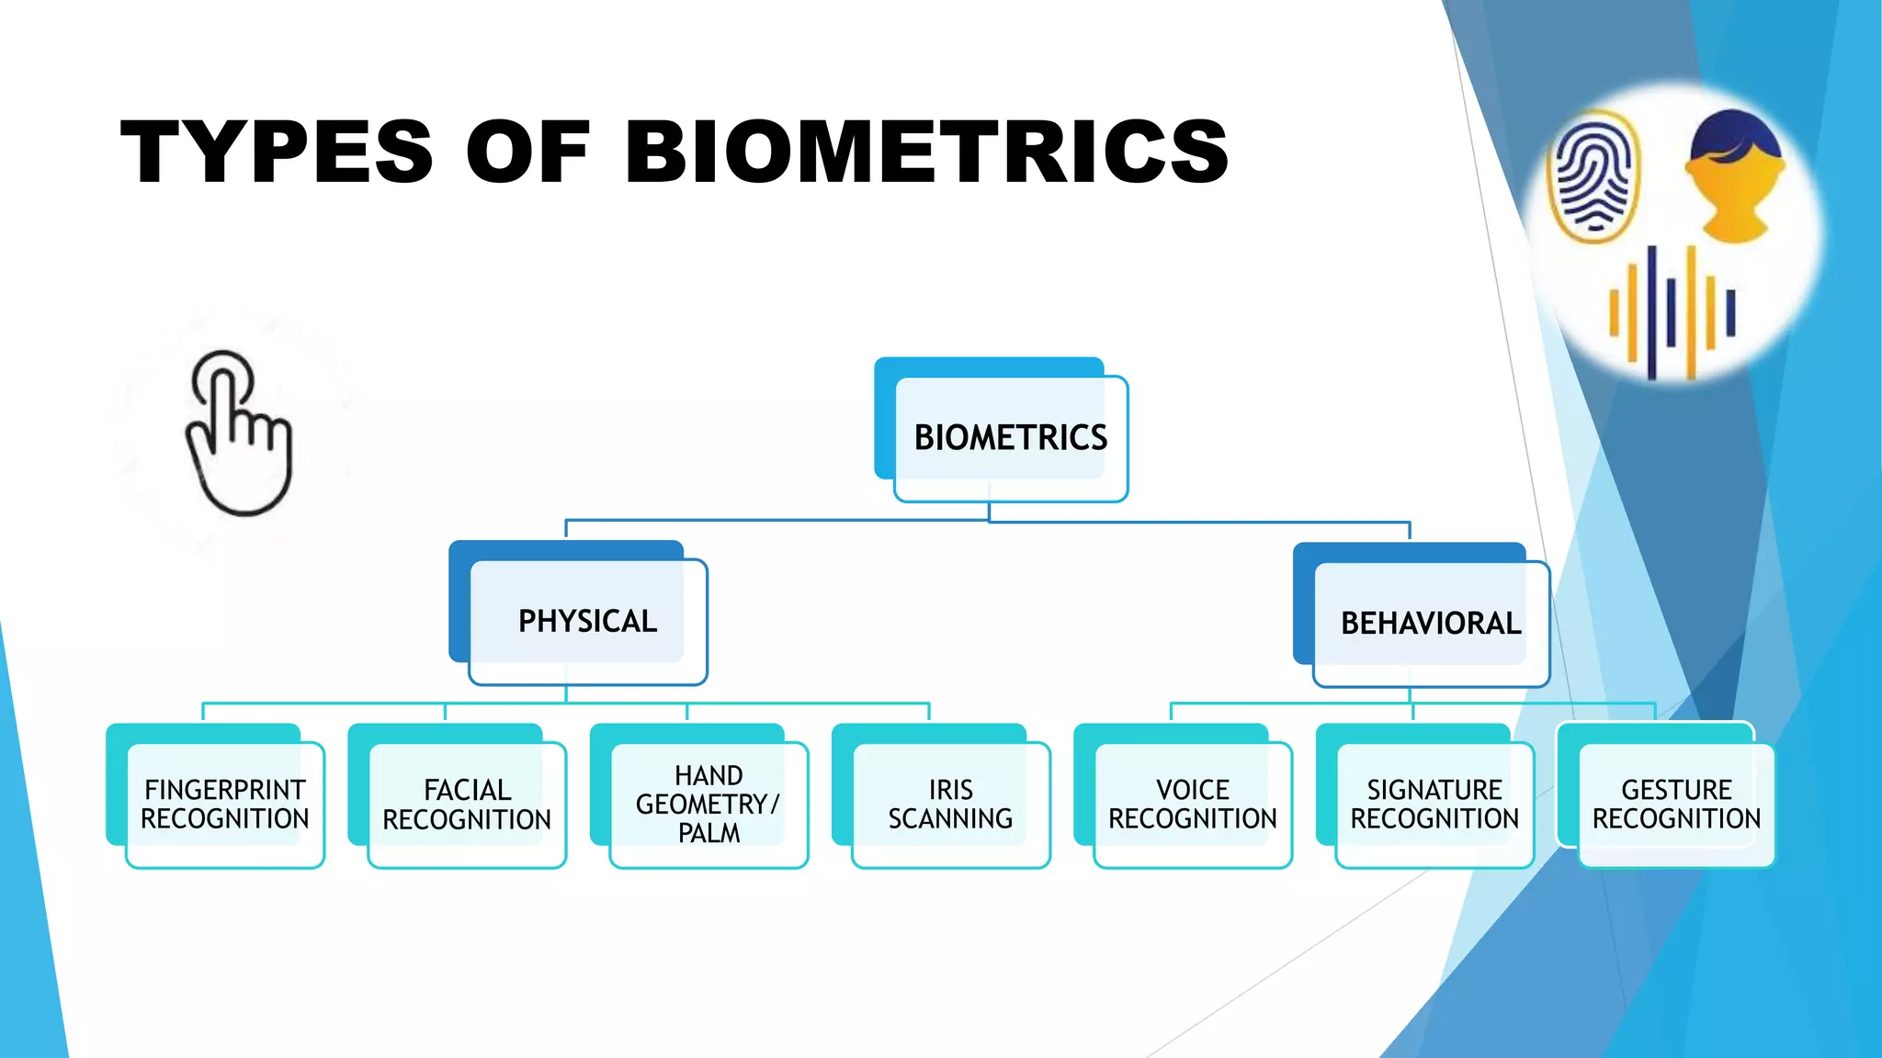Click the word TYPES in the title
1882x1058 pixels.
pyautogui.click(x=276, y=152)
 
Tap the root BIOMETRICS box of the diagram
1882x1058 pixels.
pyautogui.click(x=1010, y=438)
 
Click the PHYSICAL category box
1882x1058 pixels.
pyautogui.click(x=587, y=622)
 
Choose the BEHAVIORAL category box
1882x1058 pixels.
pyautogui.click(x=1430, y=624)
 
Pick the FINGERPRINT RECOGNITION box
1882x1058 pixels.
pyautogui.click(x=224, y=804)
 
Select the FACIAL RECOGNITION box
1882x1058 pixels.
pyautogui.click(x=466, y=804)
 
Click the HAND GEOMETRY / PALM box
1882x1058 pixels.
pyautogui.click(x=708, y=804)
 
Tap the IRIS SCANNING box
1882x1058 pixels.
pyautogui.click(x=950, y=804)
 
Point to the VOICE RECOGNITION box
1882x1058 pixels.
pyautogui.click(x=1192, y=804)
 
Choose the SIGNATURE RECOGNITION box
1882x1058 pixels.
pyautogui.click(x=1434, y=804)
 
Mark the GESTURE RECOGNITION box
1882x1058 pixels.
pyautogui.click(x=1676, y=804)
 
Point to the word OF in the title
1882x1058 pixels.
pyautogui.click(x=527, y=152)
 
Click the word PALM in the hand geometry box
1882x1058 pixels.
pyautogui.click(x=709, y=833)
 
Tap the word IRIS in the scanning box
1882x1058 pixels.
pyautogui.click(x=950, y=790)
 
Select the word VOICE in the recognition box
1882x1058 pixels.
pyautogui.click(x=1192, y=790)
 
